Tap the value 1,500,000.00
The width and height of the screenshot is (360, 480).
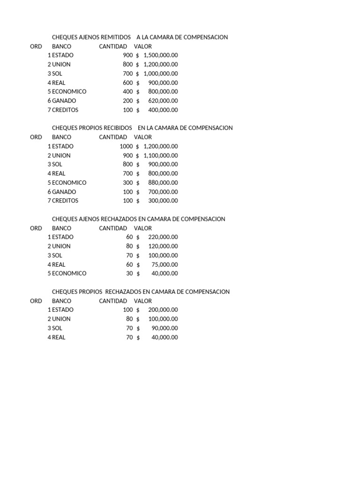(160, 55)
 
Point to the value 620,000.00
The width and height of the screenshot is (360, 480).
(163, 101)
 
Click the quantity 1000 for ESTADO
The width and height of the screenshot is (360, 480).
(126, 146)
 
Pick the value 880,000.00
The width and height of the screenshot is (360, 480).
(163, 183)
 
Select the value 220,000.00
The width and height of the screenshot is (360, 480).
(163, 237)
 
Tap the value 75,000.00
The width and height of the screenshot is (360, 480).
(165, 265)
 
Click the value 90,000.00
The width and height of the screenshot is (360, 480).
(165, 328)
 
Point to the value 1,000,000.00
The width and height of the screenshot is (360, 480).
(160, 74)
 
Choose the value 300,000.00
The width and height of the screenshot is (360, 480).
(163, 201)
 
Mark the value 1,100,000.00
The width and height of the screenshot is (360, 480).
(160, 156)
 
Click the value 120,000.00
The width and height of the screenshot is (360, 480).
(163, 246)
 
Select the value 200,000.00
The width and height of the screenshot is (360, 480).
(163, 310)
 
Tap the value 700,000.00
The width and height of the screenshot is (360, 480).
(163, 192)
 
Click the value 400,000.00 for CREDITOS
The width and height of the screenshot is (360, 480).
(163, 110)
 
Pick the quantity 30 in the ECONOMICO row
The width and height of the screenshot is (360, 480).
(129, 274)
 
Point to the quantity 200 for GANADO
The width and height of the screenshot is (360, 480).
(128, 101)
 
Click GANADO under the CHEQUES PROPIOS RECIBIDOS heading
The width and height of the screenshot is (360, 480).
(64, 192)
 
